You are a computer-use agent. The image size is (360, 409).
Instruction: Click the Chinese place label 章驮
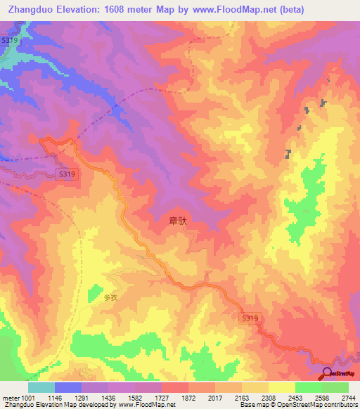179,221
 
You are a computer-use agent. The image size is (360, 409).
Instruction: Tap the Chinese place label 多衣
112,297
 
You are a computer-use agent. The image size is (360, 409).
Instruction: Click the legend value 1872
188,398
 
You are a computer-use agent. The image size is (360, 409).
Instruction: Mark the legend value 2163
242,398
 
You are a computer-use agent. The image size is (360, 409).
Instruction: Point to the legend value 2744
347,398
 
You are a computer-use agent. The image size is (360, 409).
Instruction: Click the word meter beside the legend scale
8,398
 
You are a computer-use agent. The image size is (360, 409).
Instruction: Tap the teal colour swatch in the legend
41,387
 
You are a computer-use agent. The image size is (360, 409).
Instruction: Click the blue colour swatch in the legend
68,387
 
